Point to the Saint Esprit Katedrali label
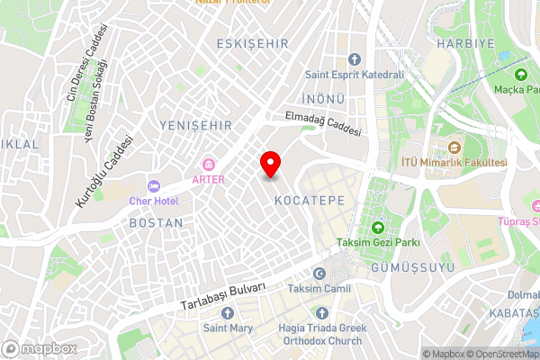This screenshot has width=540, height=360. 354,76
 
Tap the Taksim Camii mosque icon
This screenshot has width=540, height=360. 317,273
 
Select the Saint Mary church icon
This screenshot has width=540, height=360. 226,312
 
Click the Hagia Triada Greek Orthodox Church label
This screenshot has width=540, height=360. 316,335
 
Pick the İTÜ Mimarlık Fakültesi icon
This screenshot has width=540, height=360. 454,147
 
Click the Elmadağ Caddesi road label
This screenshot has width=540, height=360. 323,123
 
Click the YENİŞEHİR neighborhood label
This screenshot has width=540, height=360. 194,124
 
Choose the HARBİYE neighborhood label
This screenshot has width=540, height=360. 465,42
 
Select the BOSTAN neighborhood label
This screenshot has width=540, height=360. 156,222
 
